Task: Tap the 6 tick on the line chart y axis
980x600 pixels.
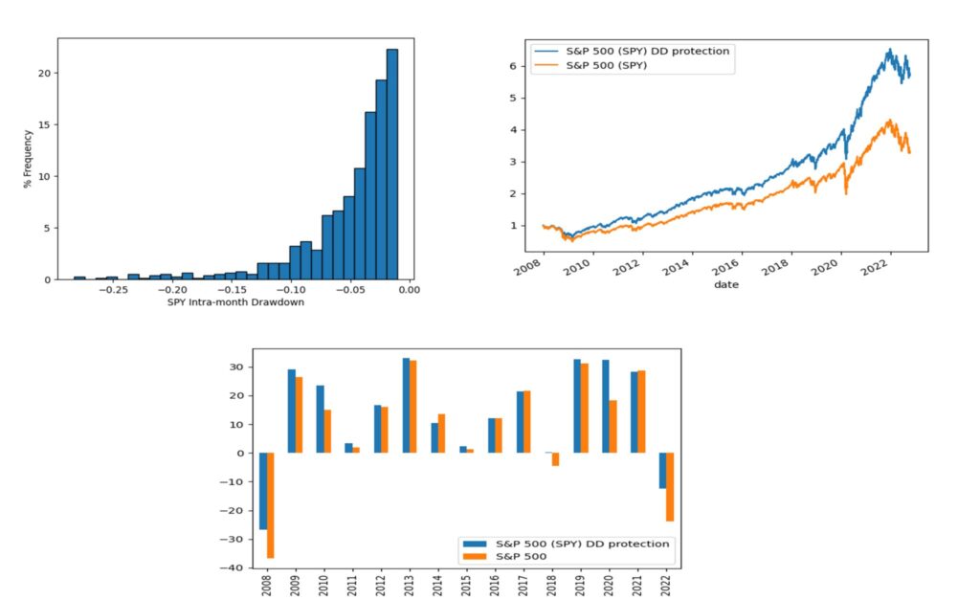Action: [515, 67]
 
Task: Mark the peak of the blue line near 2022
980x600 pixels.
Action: [889, 50]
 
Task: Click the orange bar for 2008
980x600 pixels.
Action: [271, 505]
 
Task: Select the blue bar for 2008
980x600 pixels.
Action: [263, 491]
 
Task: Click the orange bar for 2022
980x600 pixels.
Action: [670, 487]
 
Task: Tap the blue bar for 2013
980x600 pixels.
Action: [407, 406]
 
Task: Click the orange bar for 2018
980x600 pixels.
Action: [556, 459]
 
